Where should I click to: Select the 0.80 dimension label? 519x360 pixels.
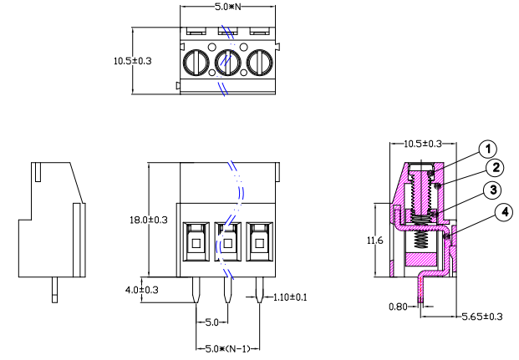coord(400,307)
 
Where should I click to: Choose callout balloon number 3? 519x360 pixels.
coord(495,190)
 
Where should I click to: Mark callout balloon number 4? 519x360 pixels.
coord(503,213)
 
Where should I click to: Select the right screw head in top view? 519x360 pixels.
coord(260,63)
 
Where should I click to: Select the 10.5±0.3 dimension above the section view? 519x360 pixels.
coord(423,144)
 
